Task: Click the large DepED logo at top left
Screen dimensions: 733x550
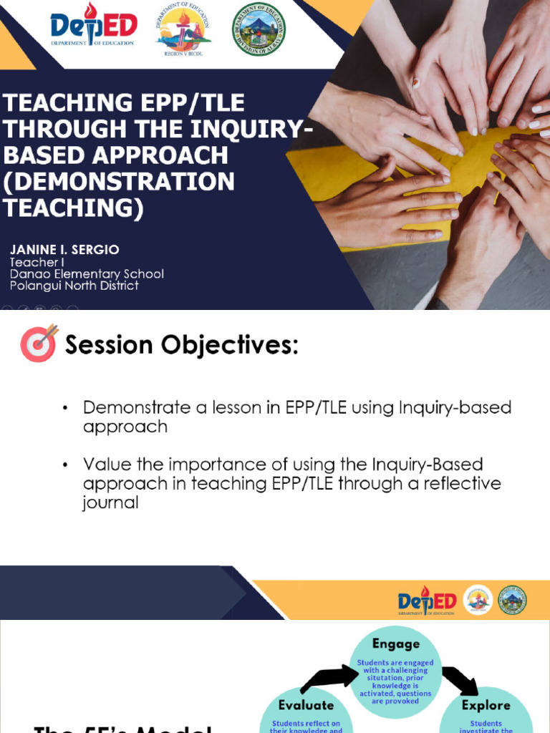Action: [x=93, y=26]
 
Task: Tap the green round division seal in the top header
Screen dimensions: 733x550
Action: [x=259, y=29]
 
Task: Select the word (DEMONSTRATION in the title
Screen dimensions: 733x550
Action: [x=120, y=182]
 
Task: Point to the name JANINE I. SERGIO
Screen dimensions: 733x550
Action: [x=64, y=250]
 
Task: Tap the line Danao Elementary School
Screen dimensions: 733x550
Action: [x=87, y=274]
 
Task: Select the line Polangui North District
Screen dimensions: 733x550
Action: [x=74, y=286]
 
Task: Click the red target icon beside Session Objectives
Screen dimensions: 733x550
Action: [x=39, y=343]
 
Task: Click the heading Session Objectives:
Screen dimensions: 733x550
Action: [x=181, y=345]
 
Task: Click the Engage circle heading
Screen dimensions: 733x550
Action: [x=395, y=644]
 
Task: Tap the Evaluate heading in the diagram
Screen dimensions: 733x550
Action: [x=306, y=705]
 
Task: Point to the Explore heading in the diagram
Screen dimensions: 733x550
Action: [x=486, y=705]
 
